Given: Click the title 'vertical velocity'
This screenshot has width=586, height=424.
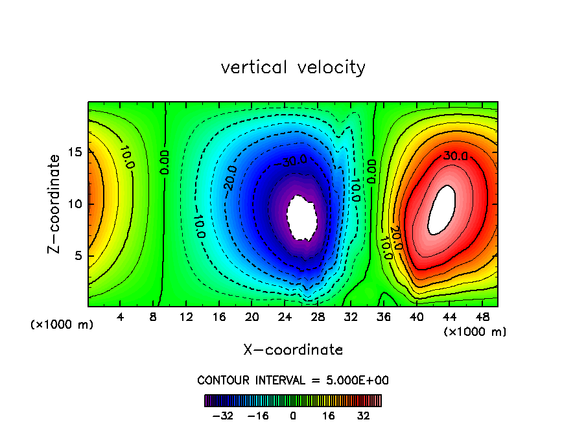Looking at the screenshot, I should pos(293,67).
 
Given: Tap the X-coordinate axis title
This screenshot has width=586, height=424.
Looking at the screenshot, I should pos(293,350).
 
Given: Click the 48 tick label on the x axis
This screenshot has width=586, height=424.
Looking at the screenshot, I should pos(482,318).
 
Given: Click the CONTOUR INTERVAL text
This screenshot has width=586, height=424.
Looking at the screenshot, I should pos(293,380).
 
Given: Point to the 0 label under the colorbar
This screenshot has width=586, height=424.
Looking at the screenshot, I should pos(293,415).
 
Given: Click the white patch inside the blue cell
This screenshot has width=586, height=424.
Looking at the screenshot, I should pos(302,218).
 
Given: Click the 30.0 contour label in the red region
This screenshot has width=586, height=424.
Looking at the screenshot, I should pos(456,156).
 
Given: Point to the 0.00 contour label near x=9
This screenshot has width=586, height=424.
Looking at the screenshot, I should pos(165,162).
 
